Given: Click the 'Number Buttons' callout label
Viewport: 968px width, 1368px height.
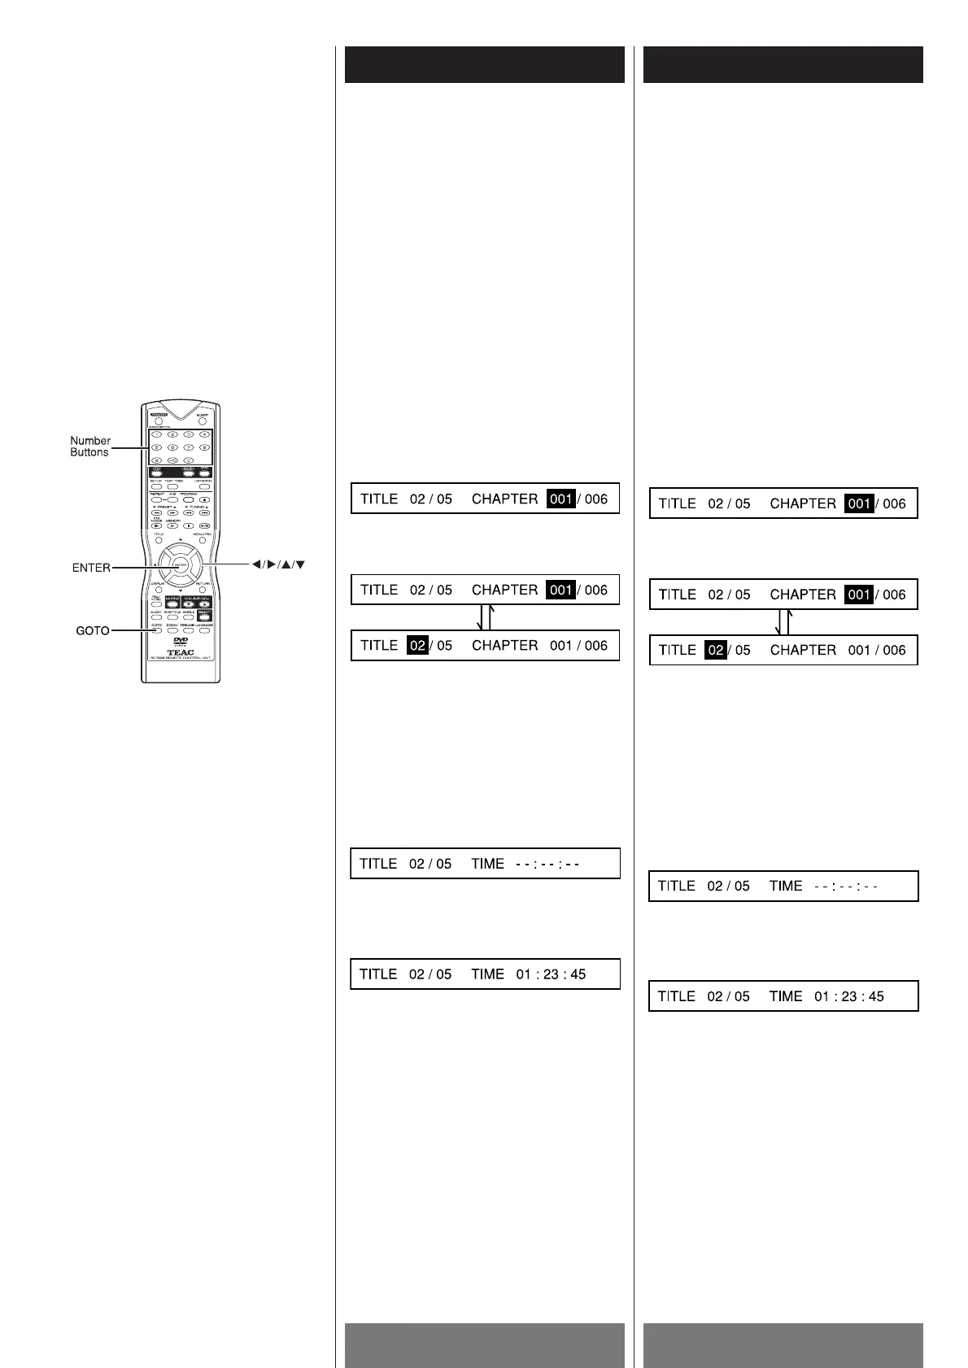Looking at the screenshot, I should tap(89, 447).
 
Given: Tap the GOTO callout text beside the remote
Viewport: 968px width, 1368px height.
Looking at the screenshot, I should tap(93, 630).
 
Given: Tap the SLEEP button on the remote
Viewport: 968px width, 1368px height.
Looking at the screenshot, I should tap(203, 422).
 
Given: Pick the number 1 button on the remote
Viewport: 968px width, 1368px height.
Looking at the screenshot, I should tap(157, 435).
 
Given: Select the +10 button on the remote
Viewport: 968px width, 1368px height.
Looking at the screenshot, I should tap(172, 460).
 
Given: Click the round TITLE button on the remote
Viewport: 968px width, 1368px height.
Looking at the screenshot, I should tap(159, 541).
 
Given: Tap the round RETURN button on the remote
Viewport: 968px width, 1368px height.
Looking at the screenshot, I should tap(203, 590).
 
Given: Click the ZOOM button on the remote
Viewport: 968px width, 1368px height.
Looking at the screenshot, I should tap(172, 630).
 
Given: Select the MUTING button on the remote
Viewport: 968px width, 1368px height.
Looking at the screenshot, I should tap(172, 605).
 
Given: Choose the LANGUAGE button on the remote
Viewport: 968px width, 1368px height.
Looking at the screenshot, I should tap(204, 630).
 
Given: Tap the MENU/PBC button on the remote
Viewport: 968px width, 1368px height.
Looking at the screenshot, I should tap(203, 541).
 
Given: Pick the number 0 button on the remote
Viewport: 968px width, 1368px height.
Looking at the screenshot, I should tap(189, 460).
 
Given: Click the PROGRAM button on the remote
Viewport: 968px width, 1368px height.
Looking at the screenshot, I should tap(189, 499).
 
